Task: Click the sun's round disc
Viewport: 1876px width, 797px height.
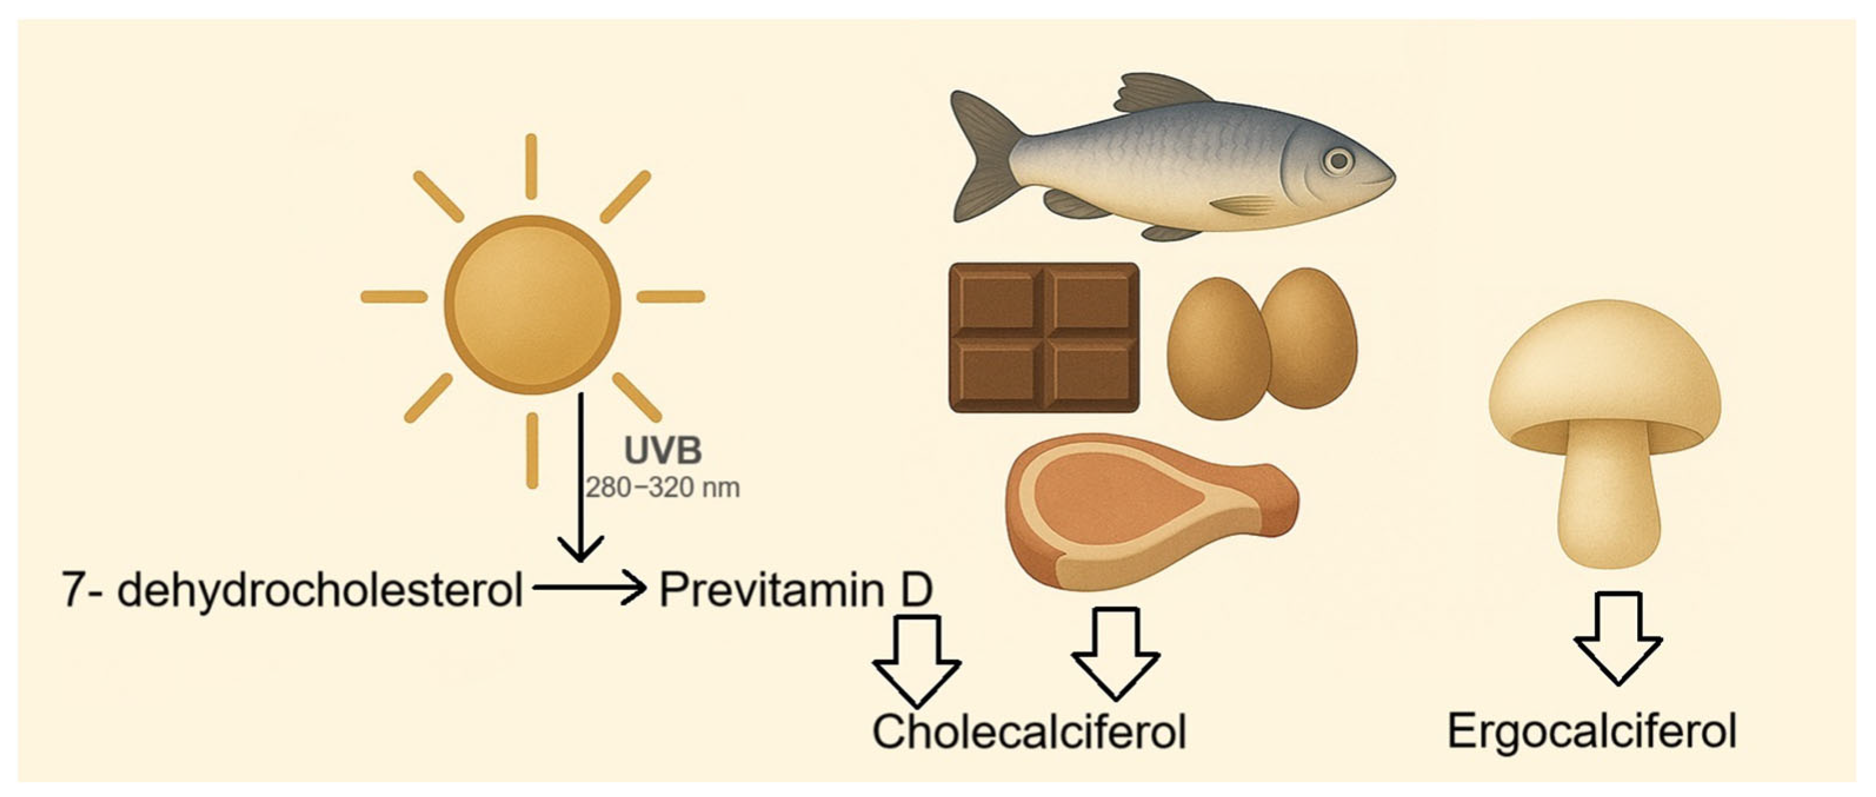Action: coord(532,304)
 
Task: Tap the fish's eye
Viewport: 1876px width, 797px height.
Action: coord(1338,161)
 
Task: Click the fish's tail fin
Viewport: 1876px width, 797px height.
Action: coord(983,157)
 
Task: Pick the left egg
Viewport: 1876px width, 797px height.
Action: coord(1218,349)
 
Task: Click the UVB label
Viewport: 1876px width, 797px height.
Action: coord(663,451)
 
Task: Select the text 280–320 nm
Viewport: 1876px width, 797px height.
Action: coord(663,487)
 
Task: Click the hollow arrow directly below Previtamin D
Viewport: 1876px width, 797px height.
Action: coord(917,660)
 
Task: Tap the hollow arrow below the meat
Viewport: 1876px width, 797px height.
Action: coord(1115,653)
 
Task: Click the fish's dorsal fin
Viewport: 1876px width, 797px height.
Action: coord(1158,95)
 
